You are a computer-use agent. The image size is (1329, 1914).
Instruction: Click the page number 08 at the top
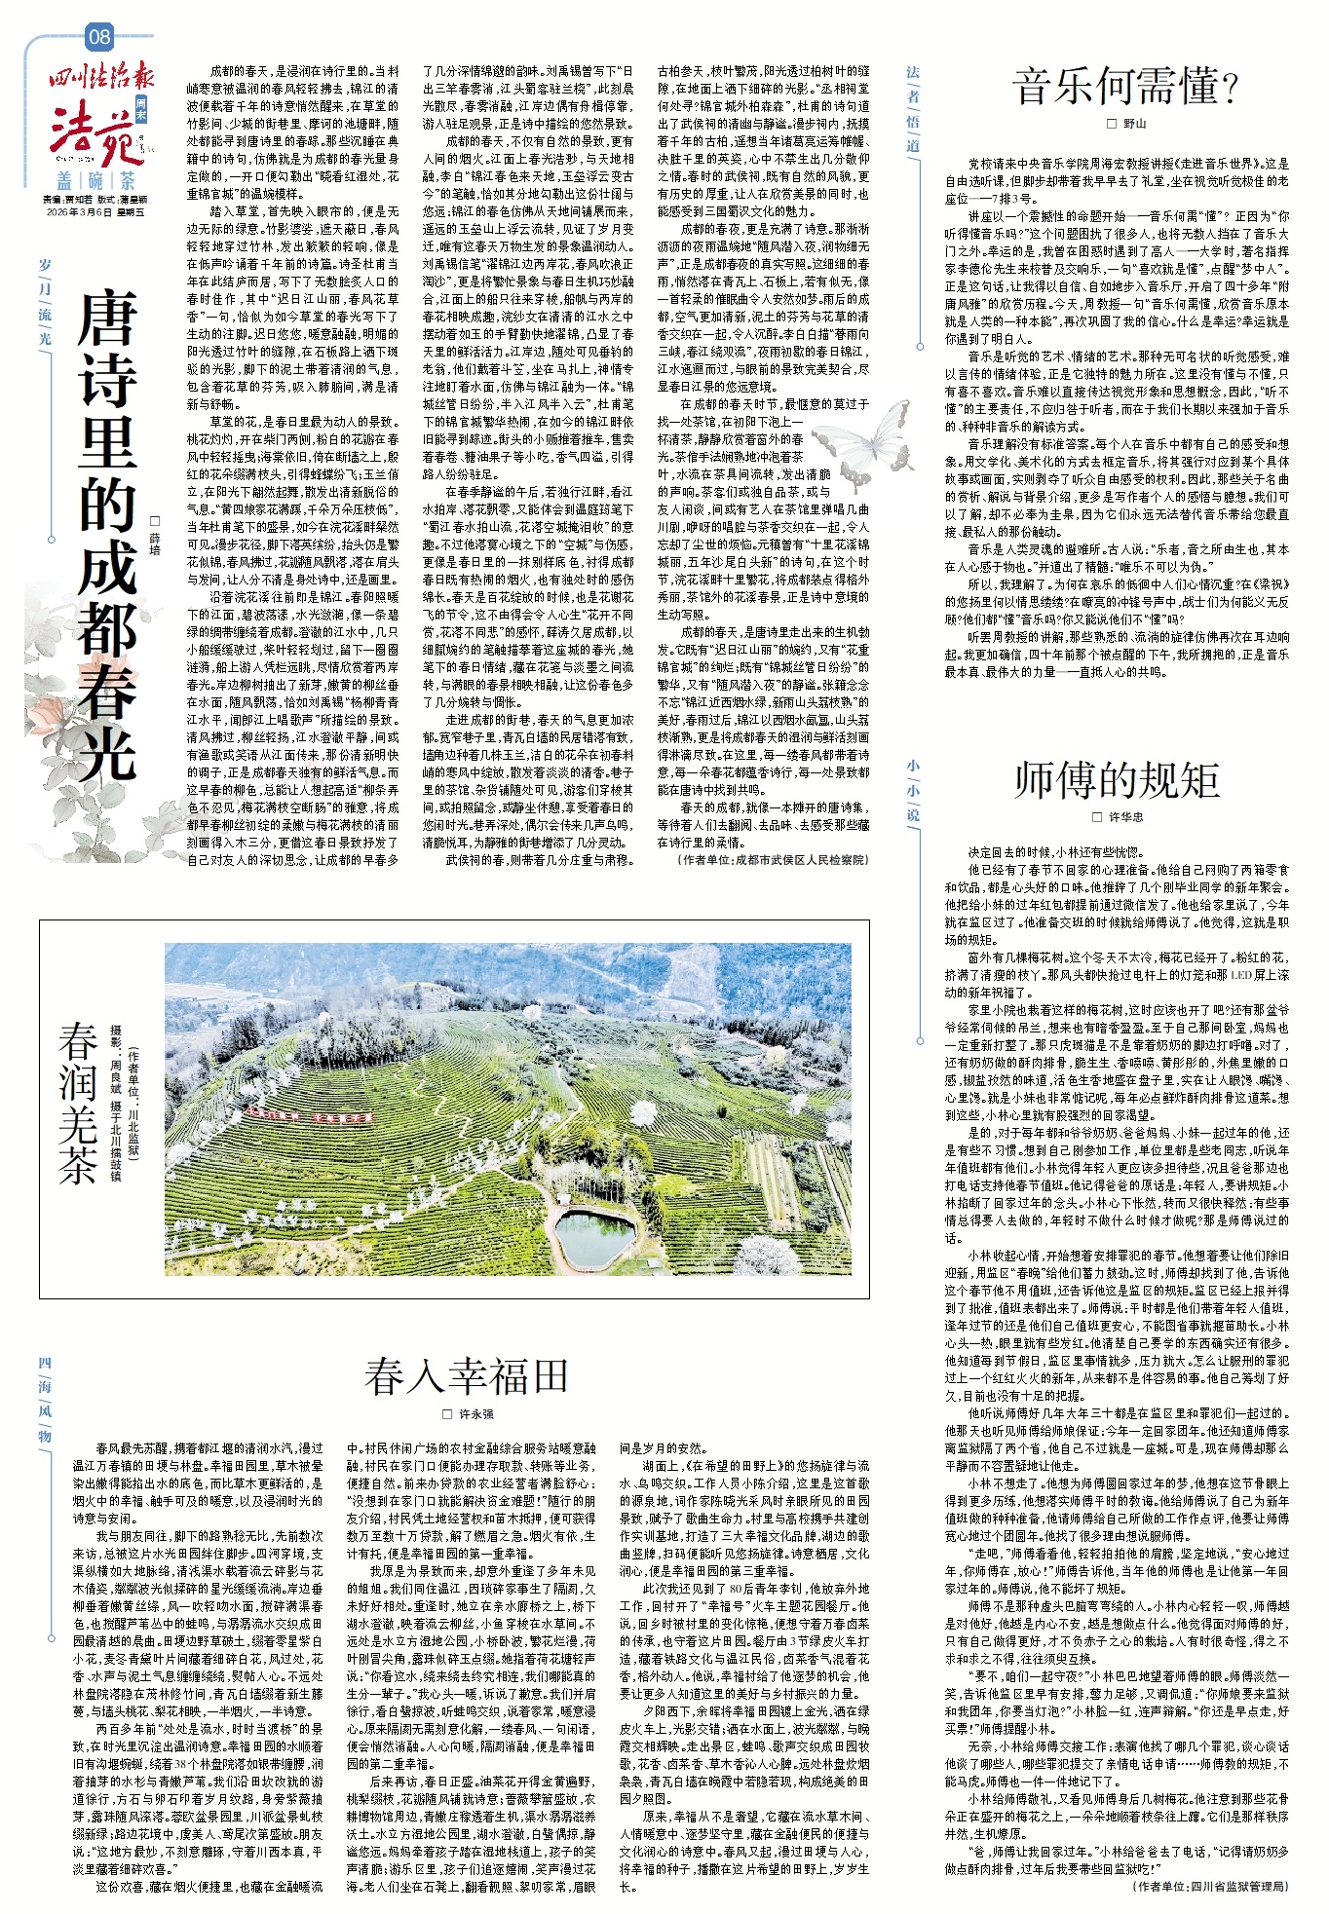pyautogui.click(x=99, y=38)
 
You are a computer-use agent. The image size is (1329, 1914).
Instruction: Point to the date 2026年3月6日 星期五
pyautogui.click(x=95, y=211)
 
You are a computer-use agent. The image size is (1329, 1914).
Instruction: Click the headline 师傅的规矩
pyautogui.click(x=1117, y=779)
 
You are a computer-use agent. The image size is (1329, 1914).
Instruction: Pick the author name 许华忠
pyautogui.click(x=1124, y=817)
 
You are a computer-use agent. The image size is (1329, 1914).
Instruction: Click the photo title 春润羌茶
pyautogui.click(x=78, y=1102)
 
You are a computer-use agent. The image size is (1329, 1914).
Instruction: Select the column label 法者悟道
pyautogui.click(x=912, y=107)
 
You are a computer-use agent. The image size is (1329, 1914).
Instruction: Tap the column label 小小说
pyautogui.click(x=912, y=790)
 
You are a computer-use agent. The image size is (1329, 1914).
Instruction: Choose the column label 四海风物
pyautogui.click(x=45, y=1397)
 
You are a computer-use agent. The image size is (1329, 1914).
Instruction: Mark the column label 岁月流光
pyautogui.click(x=45, y=301)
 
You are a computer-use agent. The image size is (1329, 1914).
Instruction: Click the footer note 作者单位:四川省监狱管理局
pyautogui.click(x=1209, y=1886)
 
